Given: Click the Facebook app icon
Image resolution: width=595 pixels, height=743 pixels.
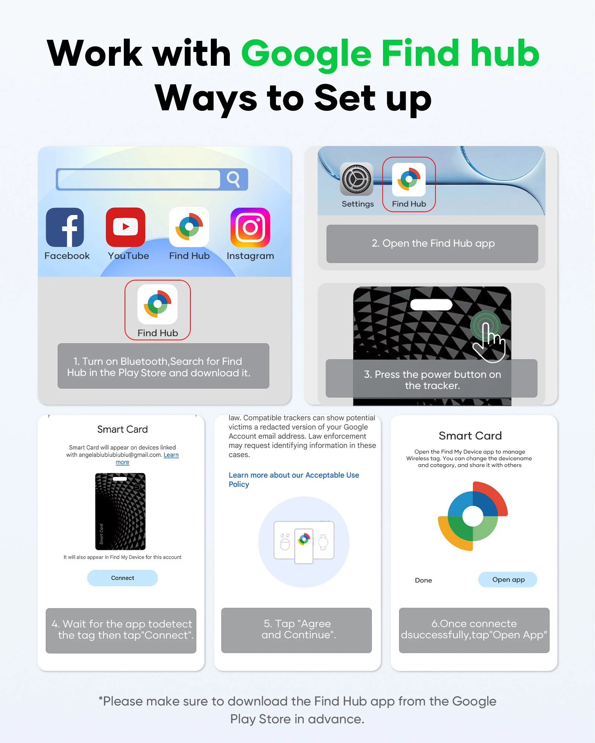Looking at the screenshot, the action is [65, 227].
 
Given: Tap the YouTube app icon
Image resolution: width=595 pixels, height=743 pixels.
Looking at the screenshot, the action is [126, 227].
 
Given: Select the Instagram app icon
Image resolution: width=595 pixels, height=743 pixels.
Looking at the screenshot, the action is [250, 227].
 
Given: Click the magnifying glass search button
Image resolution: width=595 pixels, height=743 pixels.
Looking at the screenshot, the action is [234, 179].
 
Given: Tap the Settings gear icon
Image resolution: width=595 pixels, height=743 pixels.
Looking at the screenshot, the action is [357, 179].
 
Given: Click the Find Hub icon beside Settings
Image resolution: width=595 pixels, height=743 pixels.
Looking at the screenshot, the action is [409, 179].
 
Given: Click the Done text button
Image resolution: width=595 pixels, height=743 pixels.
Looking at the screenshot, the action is [424, 580].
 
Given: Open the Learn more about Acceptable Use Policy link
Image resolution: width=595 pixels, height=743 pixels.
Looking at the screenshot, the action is [294, 480].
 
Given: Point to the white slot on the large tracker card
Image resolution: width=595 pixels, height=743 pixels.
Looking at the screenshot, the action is [431, 305].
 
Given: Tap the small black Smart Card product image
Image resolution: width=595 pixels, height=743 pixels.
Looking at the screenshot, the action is [120, 511].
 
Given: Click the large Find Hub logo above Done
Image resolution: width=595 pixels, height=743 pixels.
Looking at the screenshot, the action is [473, 516].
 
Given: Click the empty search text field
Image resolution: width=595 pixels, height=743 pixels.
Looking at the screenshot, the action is [139, 179].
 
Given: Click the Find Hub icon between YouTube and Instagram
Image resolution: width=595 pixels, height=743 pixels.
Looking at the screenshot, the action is [189, 227].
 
